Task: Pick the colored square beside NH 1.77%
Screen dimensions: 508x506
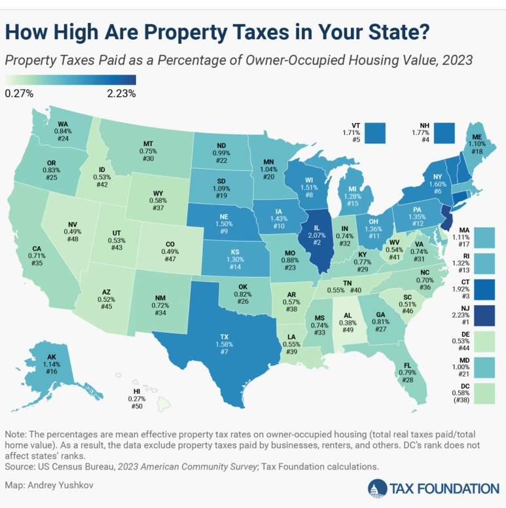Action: [444, 132]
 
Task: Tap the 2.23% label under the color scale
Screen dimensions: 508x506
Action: [121, 93]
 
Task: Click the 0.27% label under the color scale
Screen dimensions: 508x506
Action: [19, 93]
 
